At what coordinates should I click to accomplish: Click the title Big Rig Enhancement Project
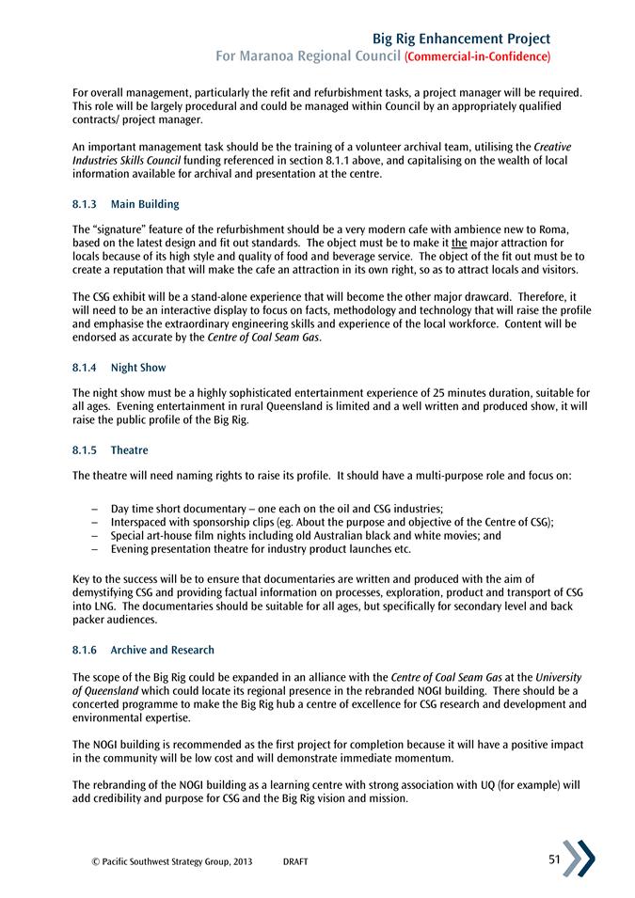461,39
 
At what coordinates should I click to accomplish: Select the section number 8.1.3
86,204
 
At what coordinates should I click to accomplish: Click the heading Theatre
130,450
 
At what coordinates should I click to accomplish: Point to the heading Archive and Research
162,650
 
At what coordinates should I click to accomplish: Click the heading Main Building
145,204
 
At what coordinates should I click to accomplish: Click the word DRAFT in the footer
295,862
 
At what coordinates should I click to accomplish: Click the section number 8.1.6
86,650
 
